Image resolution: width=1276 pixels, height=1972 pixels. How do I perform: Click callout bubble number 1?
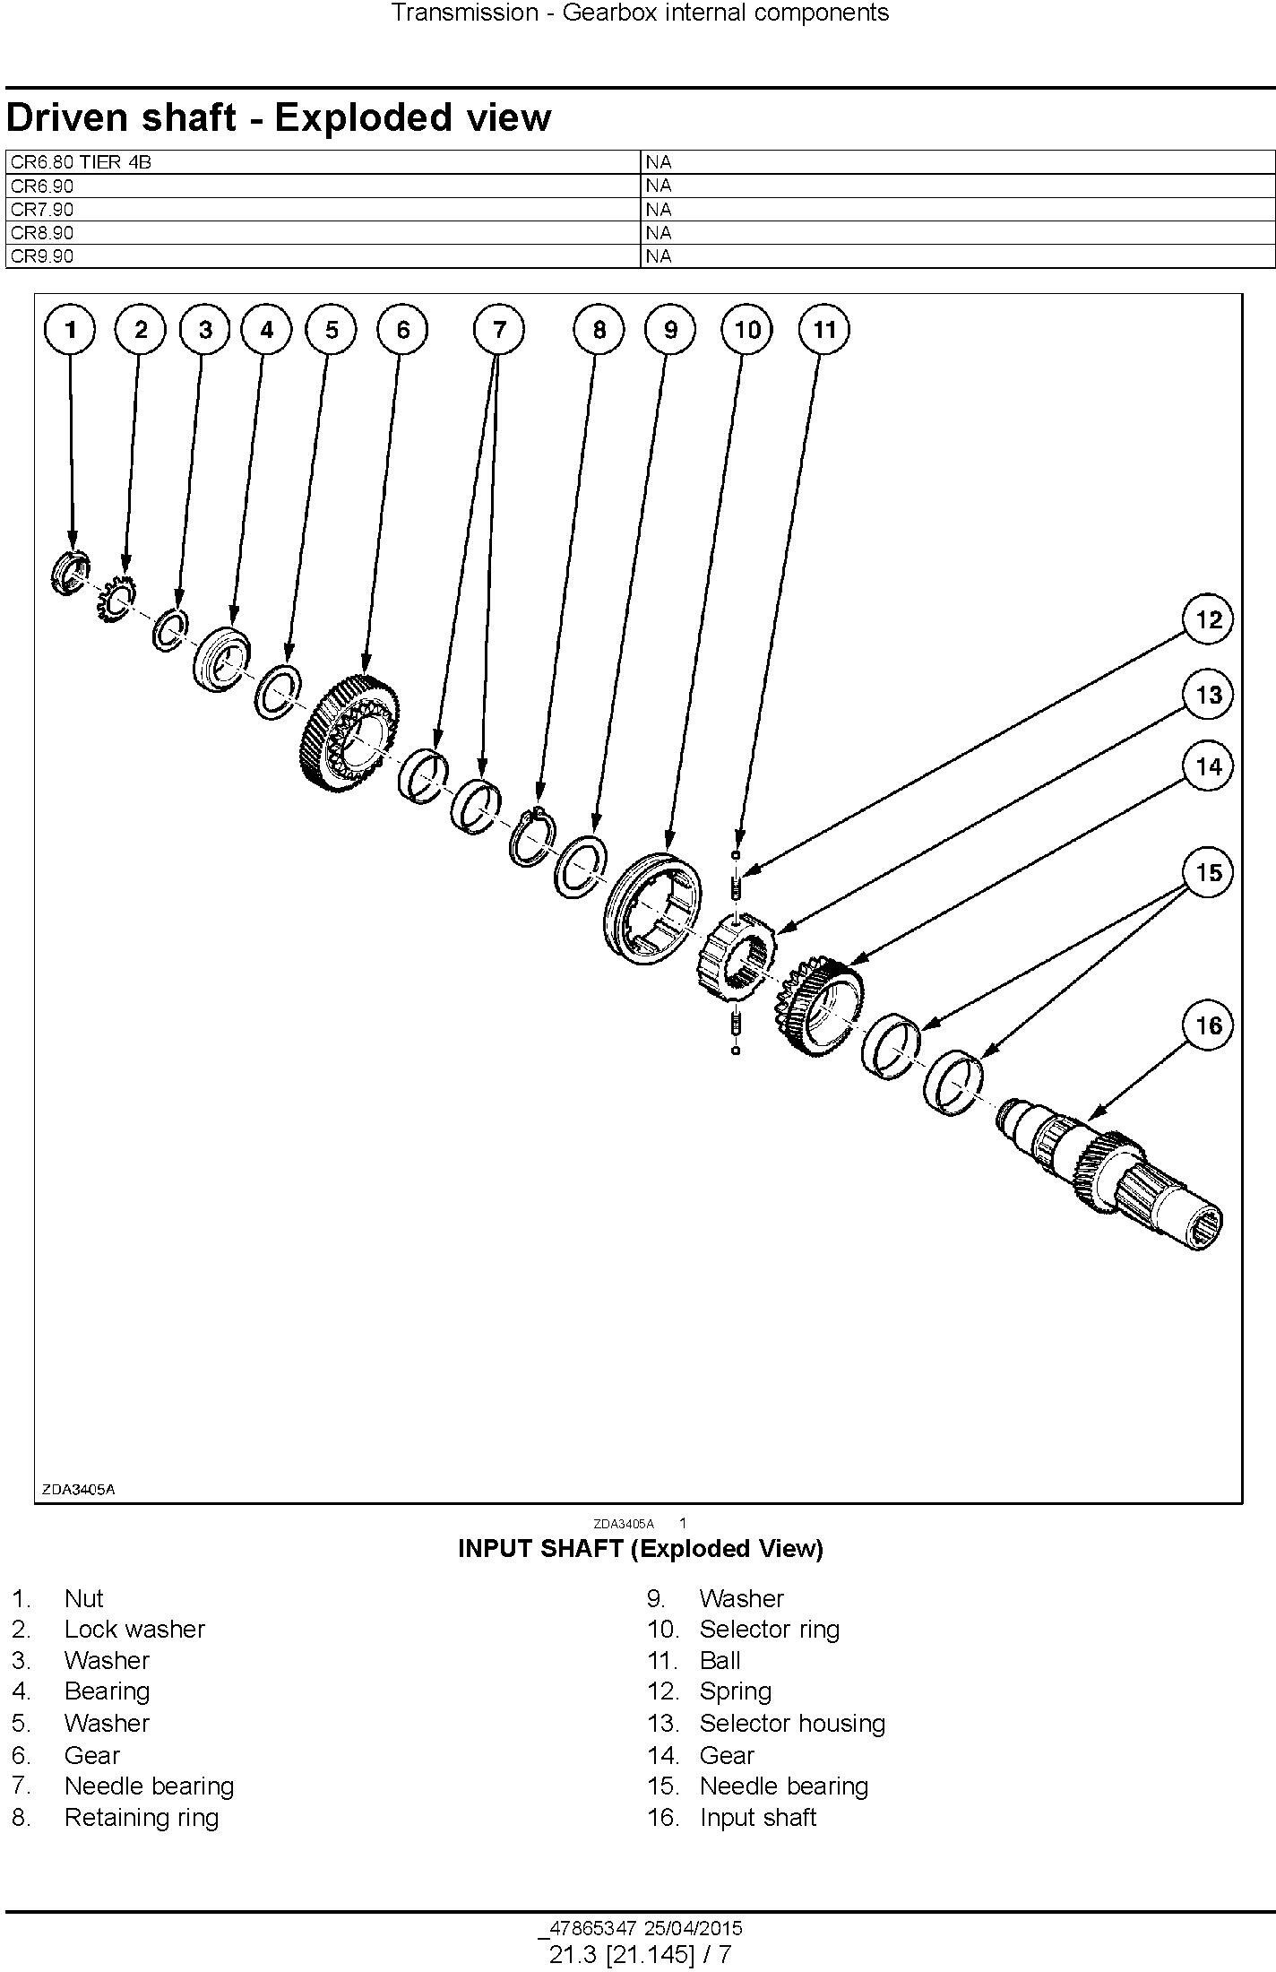click(x=71, y=330)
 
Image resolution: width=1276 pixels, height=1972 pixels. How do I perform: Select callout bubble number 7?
click(x=499, y=330)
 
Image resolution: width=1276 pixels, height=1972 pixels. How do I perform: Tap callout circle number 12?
click(x=1208, y=620)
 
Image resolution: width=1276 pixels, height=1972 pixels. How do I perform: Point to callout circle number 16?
click(x=1208, y=1025)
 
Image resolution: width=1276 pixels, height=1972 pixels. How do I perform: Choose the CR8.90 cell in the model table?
click(x=323, y=233)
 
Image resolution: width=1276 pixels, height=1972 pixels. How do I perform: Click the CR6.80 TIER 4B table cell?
click(x=323, y=162)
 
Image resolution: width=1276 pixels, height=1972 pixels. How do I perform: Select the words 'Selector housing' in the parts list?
click(x=792, y=1723)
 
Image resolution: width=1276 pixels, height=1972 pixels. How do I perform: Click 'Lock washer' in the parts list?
click(x=135, y=1629)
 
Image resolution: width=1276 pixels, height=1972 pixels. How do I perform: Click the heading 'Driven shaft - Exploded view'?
click(x=279, y=117)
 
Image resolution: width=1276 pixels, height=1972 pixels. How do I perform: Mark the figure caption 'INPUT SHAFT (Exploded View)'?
click(x=640, y=1548)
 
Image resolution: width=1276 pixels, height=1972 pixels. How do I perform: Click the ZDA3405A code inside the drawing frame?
click(x=78, y=1490)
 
